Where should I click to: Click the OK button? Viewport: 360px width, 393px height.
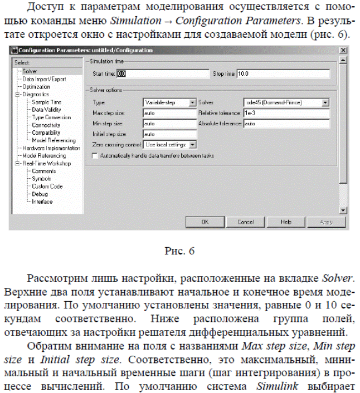point(205,221)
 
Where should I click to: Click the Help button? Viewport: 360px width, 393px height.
point(286,221)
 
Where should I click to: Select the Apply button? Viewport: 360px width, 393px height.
point(326,221)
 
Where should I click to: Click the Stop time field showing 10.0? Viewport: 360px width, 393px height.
point(283,73)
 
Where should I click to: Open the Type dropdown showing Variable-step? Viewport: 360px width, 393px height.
point(170,103)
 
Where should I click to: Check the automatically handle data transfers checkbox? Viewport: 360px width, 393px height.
point(95,156)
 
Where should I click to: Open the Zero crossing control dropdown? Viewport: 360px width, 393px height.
point(170,144)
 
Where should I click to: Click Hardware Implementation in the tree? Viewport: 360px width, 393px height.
point(51,149)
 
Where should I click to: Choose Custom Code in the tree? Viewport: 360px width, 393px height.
point(47,186)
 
